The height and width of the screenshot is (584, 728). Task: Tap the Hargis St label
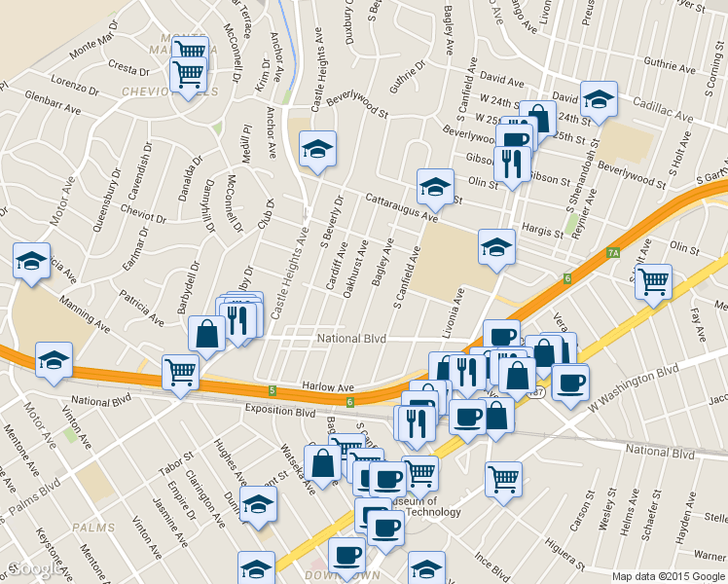[x=544, y=232]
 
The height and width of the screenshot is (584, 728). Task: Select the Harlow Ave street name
[x=327, y=387]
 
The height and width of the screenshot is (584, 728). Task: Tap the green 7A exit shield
[x=613, y=254]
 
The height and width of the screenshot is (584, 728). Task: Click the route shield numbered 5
[x=273, y=391]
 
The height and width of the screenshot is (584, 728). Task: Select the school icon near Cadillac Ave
[x=600, y=98]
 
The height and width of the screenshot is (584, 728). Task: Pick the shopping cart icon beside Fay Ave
[x=654, y=280]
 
